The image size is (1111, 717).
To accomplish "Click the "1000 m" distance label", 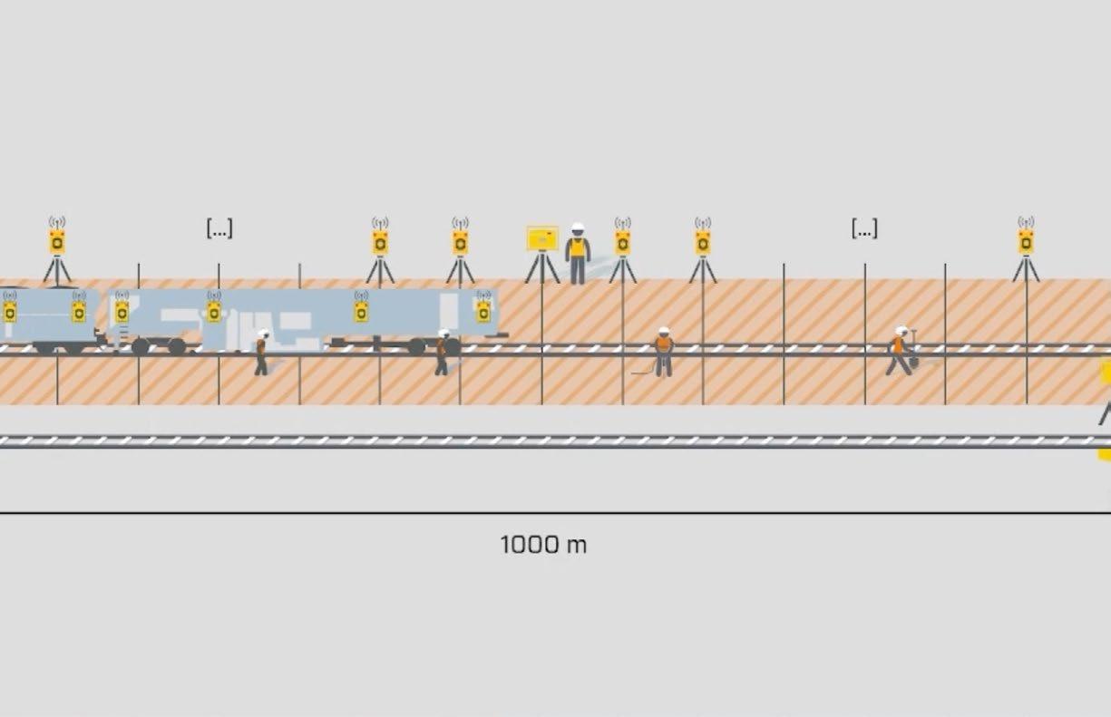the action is point(543,545).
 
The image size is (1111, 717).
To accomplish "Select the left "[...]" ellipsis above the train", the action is point(219,228).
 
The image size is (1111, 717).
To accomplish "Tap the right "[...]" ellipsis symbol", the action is point(864,228).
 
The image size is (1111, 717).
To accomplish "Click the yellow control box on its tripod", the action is point(542,238).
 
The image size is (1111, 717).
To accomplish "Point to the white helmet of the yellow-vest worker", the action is point(578,228).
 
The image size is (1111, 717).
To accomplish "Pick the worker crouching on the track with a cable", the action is point(663,352).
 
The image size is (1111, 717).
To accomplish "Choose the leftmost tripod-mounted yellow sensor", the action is point(57,242).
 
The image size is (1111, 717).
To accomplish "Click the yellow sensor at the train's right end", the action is point(483,311).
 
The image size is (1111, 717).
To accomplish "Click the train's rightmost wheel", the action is point(452,346).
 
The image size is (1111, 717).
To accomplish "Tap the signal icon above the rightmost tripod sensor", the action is point(1026,222).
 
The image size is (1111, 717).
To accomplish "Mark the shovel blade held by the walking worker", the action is point(913,362).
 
